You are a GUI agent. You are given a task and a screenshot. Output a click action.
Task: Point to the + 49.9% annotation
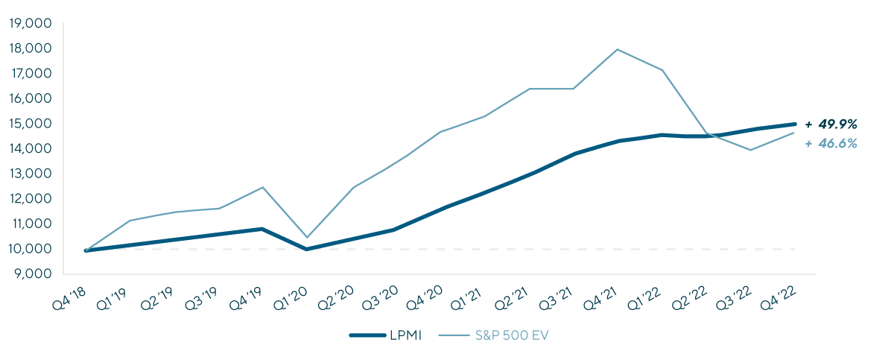(831, 124)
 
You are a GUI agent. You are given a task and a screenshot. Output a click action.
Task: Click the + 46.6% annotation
(831, 143)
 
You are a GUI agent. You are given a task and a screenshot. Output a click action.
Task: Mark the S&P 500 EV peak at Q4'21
(617, 49)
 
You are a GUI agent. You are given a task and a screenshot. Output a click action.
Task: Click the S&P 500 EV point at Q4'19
(262, 187)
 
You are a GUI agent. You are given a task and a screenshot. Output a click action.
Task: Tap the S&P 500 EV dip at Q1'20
(307, 237)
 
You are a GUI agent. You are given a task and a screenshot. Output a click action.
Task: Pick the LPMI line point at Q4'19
(262, 229)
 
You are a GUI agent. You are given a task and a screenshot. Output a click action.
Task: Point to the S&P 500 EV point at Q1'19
(130, 220)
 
